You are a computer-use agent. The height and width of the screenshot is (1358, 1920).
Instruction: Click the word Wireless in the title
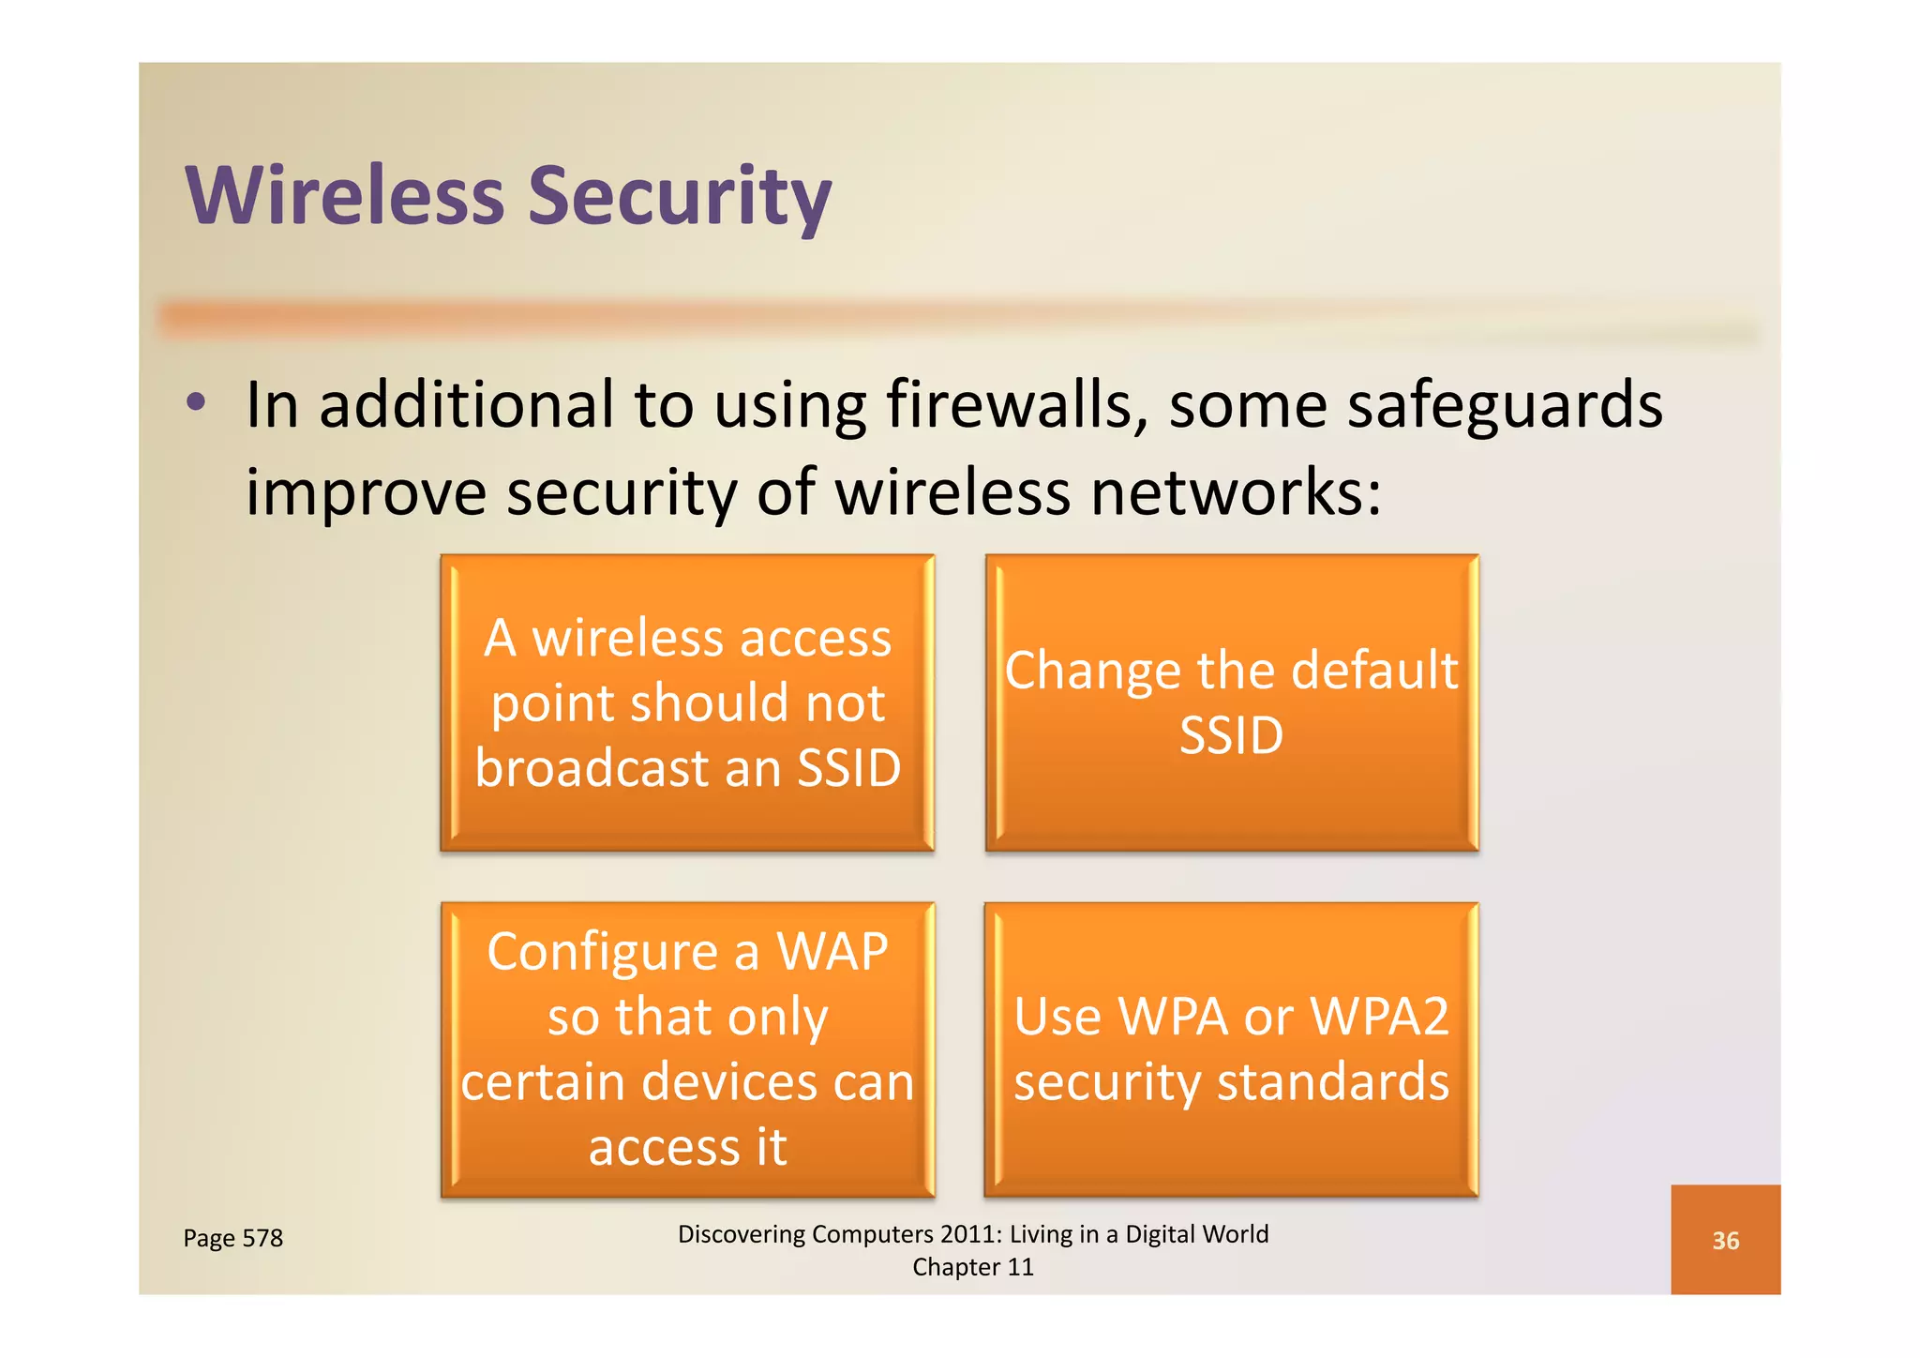click(x=345, y=197)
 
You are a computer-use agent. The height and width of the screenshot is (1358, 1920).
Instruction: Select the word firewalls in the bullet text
click(x=1017, y=405)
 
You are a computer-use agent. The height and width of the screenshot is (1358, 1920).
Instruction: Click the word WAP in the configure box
click(x=832, y=952)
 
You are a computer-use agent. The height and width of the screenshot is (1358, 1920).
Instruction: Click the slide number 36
click(x=1725, y=1241)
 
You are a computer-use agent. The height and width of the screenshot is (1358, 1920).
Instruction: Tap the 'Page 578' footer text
click(x=232, y=1239)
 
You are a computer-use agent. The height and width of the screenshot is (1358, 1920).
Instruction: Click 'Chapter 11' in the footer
click(x=972, y=1267)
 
